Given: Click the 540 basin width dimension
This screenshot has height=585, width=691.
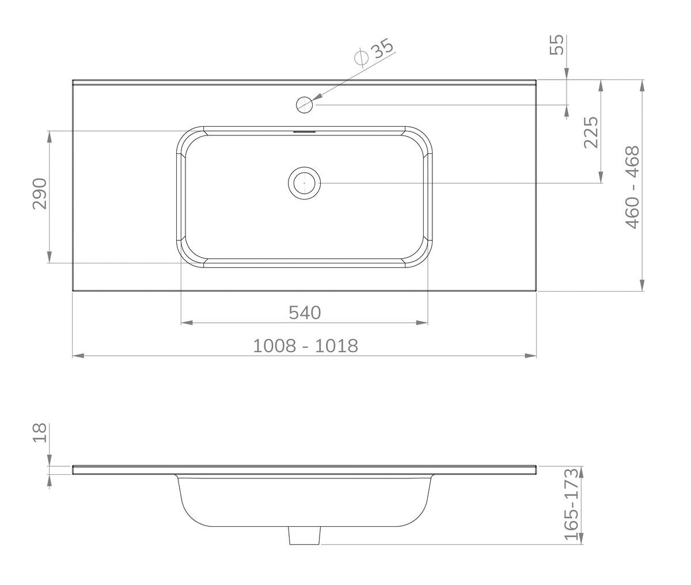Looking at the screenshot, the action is point(305,313).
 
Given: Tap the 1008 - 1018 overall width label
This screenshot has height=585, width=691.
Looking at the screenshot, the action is point(305,346).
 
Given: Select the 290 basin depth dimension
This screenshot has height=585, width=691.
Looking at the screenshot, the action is point(40,194).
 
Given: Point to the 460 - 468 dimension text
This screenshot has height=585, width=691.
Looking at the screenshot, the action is point(632,187).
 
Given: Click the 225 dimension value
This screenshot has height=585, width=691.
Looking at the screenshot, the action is point(591,132).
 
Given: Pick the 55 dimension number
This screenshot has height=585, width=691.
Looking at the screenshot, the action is point(557,44).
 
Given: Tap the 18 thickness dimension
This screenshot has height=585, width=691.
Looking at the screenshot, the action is point(40,433).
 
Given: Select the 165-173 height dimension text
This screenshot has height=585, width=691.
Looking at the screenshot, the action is point(571,509).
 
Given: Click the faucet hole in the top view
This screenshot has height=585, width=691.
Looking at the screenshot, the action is point(304,105).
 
